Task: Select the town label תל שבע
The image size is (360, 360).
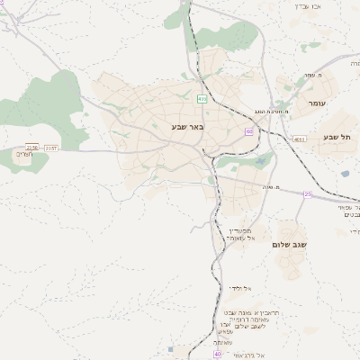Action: [x=335, y=137]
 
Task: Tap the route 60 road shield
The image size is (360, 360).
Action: [x=248, y=131]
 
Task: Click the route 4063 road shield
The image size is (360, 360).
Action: [x=299, y=139]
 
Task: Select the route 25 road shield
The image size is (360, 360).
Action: [x=308, y=193]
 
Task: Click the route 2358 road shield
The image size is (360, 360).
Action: [x=33, y=147]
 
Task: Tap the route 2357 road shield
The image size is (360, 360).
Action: [x=51, y=147]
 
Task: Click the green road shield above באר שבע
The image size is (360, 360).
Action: [x=202, y=99]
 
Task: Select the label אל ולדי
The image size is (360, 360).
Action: [x=241, y=288]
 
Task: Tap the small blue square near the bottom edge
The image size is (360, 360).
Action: [x=170, y=348]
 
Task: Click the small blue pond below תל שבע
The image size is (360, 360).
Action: [x=344, y=173]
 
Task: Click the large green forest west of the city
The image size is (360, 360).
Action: [x=54, y=99]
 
